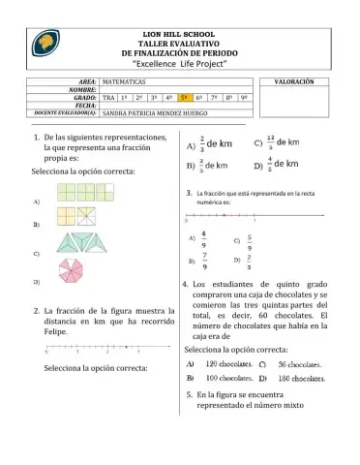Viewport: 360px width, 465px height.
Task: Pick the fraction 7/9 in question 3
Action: (x=203, y=260)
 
